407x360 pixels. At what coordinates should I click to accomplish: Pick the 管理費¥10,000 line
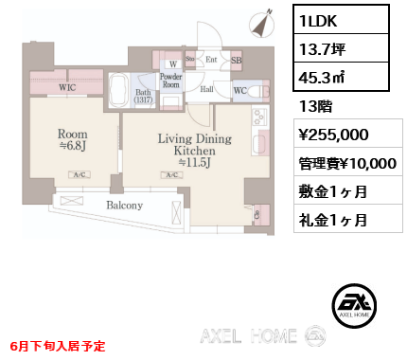coord(346,162)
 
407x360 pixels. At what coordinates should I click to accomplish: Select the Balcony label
coord(124,206)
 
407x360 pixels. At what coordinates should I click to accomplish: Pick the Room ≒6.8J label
coord(73,140)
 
